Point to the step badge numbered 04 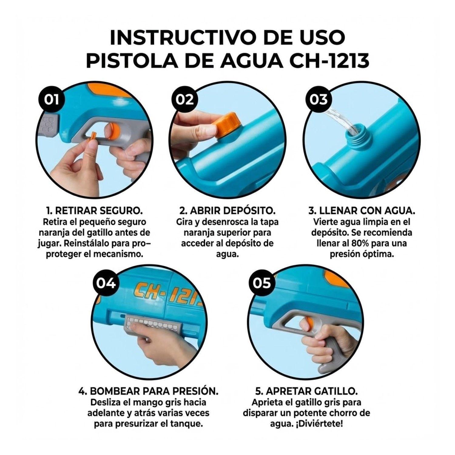106,283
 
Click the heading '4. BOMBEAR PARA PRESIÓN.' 148,391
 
